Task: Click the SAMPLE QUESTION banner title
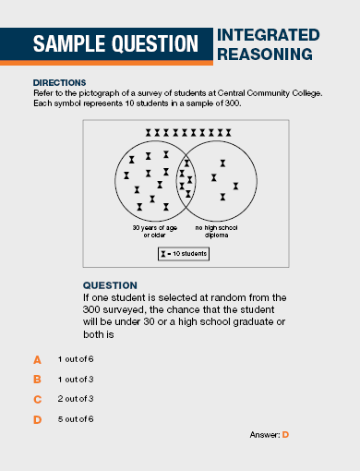pyautogui.click(x=115, y=43)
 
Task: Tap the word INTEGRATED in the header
pyautogui.click(x=269, y=35)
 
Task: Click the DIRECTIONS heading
pyautogui.click(x=59, y=82)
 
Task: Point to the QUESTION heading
pyautogui.click(x=110, y=284)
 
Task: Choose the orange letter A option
pyautogui.click(x=38, y=359)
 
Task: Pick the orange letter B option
pyautogui.click(x=38, y=380)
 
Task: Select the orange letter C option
pyautogui.click(x=38, y=400)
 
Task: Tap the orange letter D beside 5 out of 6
pyautogui.click(x=38, y=420)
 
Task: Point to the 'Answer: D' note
pyautogui.click(x=270, y=434)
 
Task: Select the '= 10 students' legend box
pyautogui.click(x=184, y=253)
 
